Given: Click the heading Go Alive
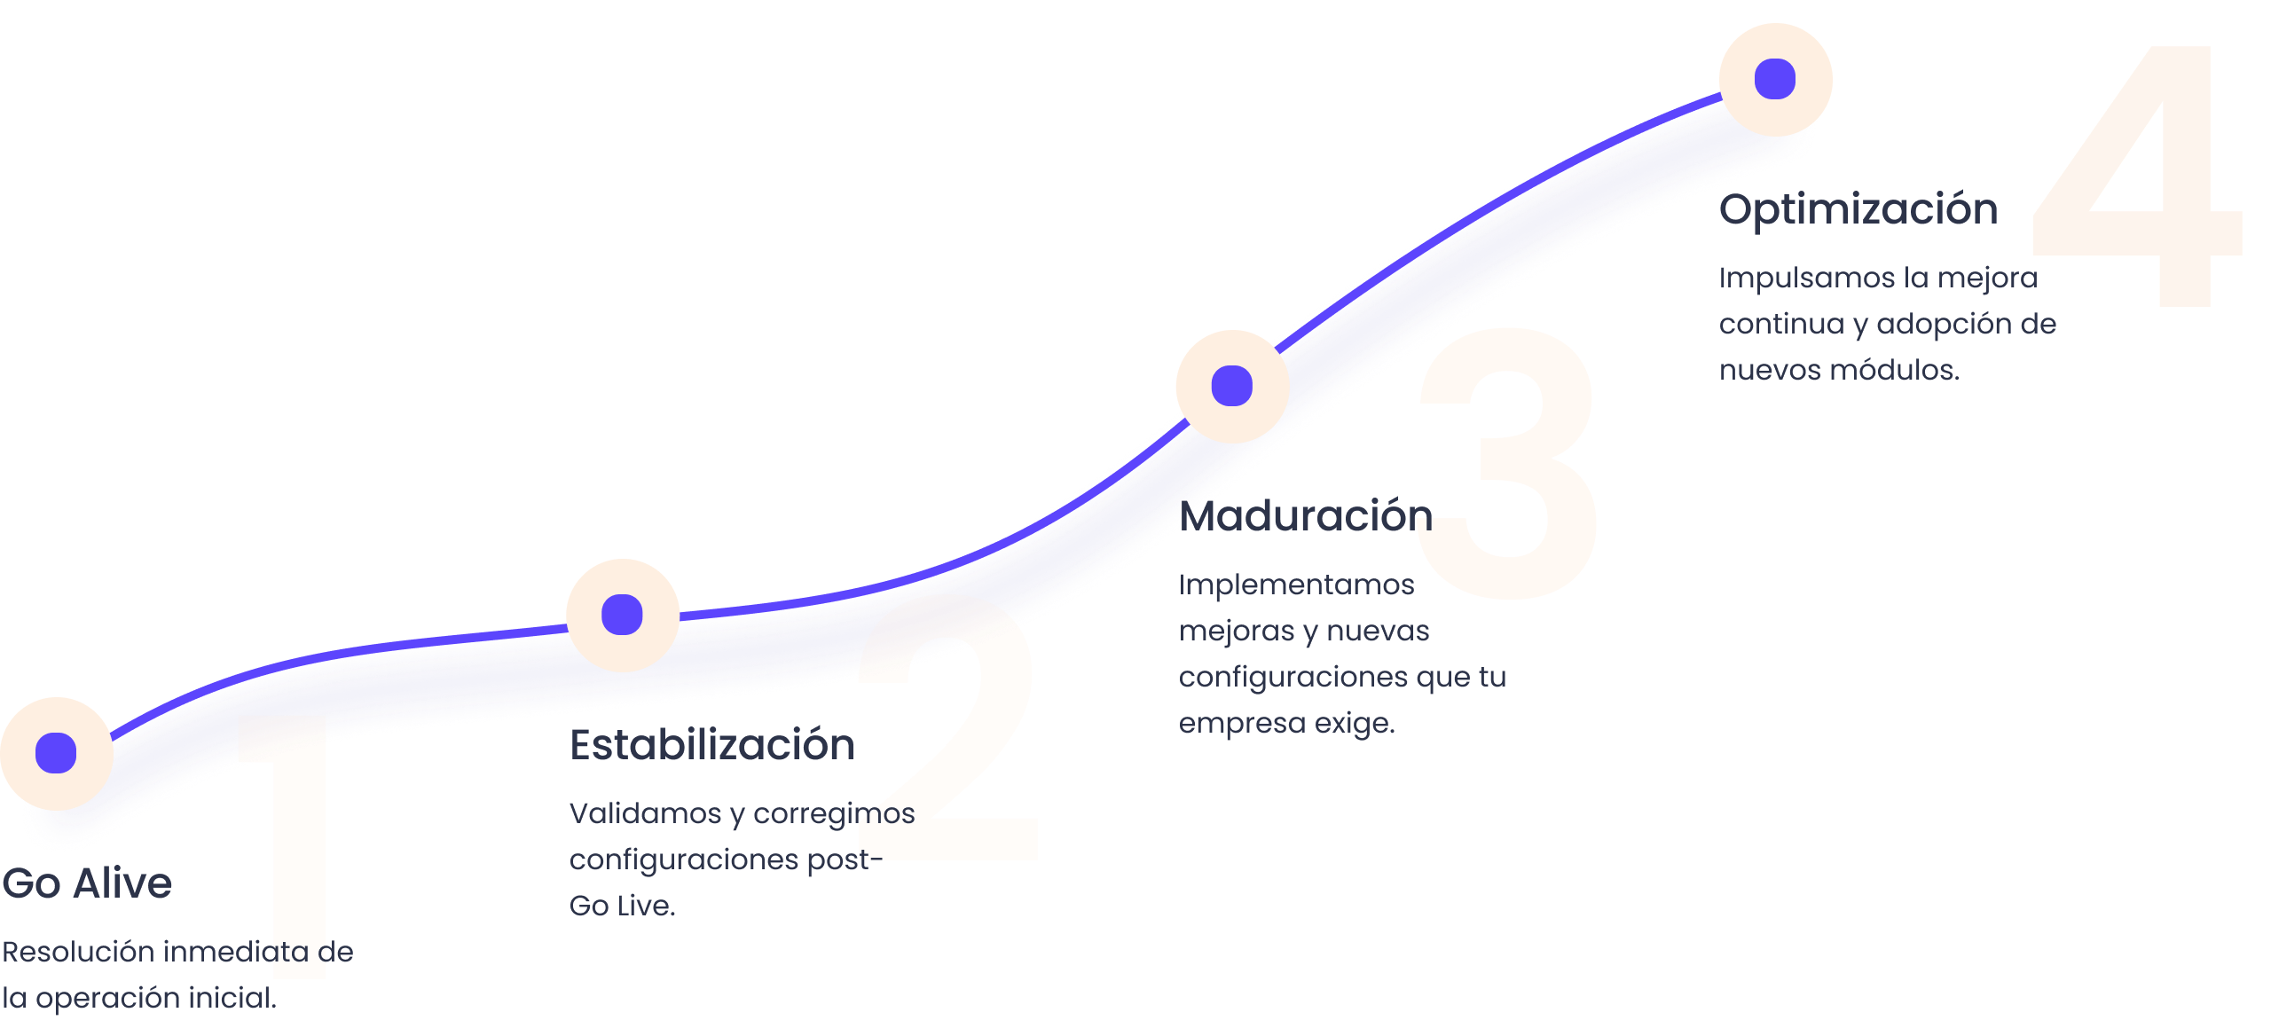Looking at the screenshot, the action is pyautogui.click(x=87, y=883).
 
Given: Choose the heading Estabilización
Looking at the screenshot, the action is pyautogui.click(x=712, y=745).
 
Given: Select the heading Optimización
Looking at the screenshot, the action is pyautogui.click(x=1858, y=210).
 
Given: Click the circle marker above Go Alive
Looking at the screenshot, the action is pyautogui.click(x=56, y=753).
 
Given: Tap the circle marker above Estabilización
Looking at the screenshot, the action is pyautogui.click(x=622, y=615).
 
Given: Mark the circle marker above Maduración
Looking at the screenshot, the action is pyautogui.click(x=1232, y=386).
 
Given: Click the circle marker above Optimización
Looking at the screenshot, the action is pyautogui.click(x=1775, y=79).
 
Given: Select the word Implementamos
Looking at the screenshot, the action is pyautogui.click(x=1296, y=585).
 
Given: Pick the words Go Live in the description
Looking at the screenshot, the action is pyautogui.click(x=621, y=906).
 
